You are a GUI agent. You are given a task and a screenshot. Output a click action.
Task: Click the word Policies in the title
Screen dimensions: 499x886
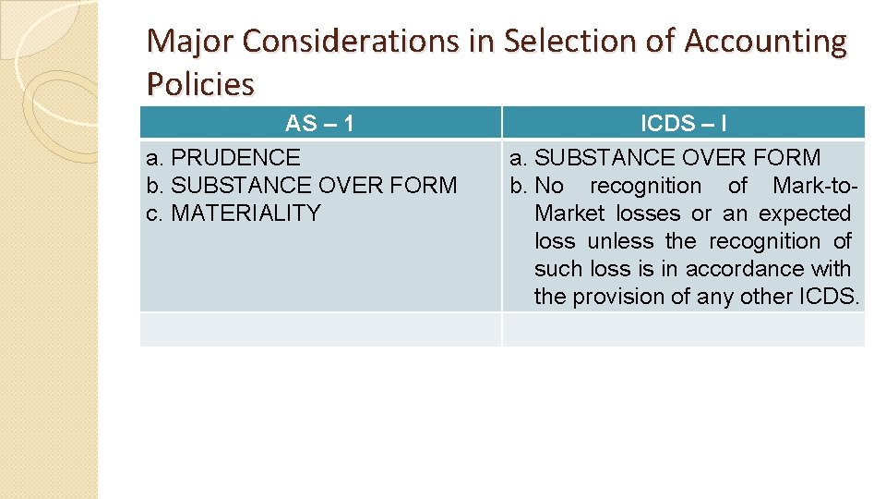point(200,84)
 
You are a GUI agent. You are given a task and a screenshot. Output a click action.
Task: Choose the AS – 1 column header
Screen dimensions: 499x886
point(319,123)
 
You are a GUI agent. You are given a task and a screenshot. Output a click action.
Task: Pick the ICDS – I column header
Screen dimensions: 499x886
point(682,123)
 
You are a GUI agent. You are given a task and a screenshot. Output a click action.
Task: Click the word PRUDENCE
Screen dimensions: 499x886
point(235,158)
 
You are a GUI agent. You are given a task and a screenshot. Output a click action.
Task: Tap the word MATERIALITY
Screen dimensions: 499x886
point(245,213)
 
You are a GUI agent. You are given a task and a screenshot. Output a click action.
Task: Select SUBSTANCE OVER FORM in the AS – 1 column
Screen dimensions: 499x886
point(314,186)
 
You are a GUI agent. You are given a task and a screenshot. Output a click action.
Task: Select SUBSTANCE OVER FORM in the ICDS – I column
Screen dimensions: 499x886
point(677,158)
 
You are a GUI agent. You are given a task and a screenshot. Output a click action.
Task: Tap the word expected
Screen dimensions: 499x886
point(804,213)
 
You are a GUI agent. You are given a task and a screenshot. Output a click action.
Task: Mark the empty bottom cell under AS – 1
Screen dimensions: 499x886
point(320,329)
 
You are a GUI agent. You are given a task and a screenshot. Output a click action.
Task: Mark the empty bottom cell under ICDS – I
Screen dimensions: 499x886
point(683,329)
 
